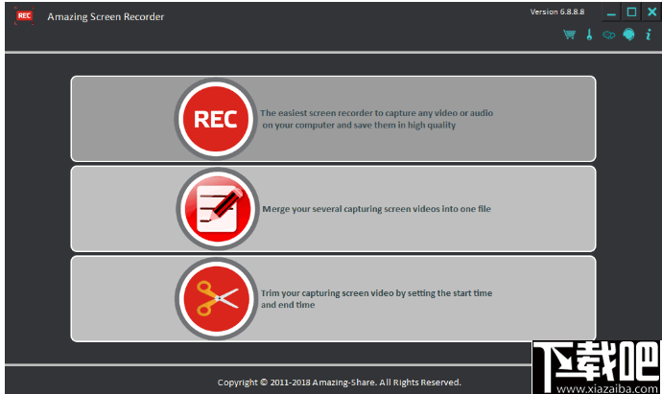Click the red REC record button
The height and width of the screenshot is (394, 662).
pos(216,119)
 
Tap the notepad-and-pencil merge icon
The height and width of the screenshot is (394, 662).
pos(218,209)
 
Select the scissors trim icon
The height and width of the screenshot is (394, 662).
pos(217,299)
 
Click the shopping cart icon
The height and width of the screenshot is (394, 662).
pos(569,35)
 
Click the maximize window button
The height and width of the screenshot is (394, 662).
pos(631,12)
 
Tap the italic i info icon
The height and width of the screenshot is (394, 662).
pos(649,35)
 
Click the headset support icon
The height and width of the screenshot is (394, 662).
pos(628,35)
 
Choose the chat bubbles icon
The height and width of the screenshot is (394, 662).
pos(609,35)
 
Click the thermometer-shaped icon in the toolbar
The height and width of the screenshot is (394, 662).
pos(589,35)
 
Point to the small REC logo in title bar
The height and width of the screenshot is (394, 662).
pos(24,16)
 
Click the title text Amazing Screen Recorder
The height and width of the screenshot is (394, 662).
pos(106,17)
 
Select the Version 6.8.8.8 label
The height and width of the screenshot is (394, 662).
pos(557,12)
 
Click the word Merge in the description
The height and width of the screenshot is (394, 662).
pos(276,209)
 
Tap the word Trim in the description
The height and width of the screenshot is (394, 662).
pos(271,293)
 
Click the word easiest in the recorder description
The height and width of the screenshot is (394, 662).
pos(293,113)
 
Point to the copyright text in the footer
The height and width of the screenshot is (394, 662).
pos(339,382)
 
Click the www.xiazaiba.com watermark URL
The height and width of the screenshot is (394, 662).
pos(607,388)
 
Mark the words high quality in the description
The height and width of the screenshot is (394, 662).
pos(432,126)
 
